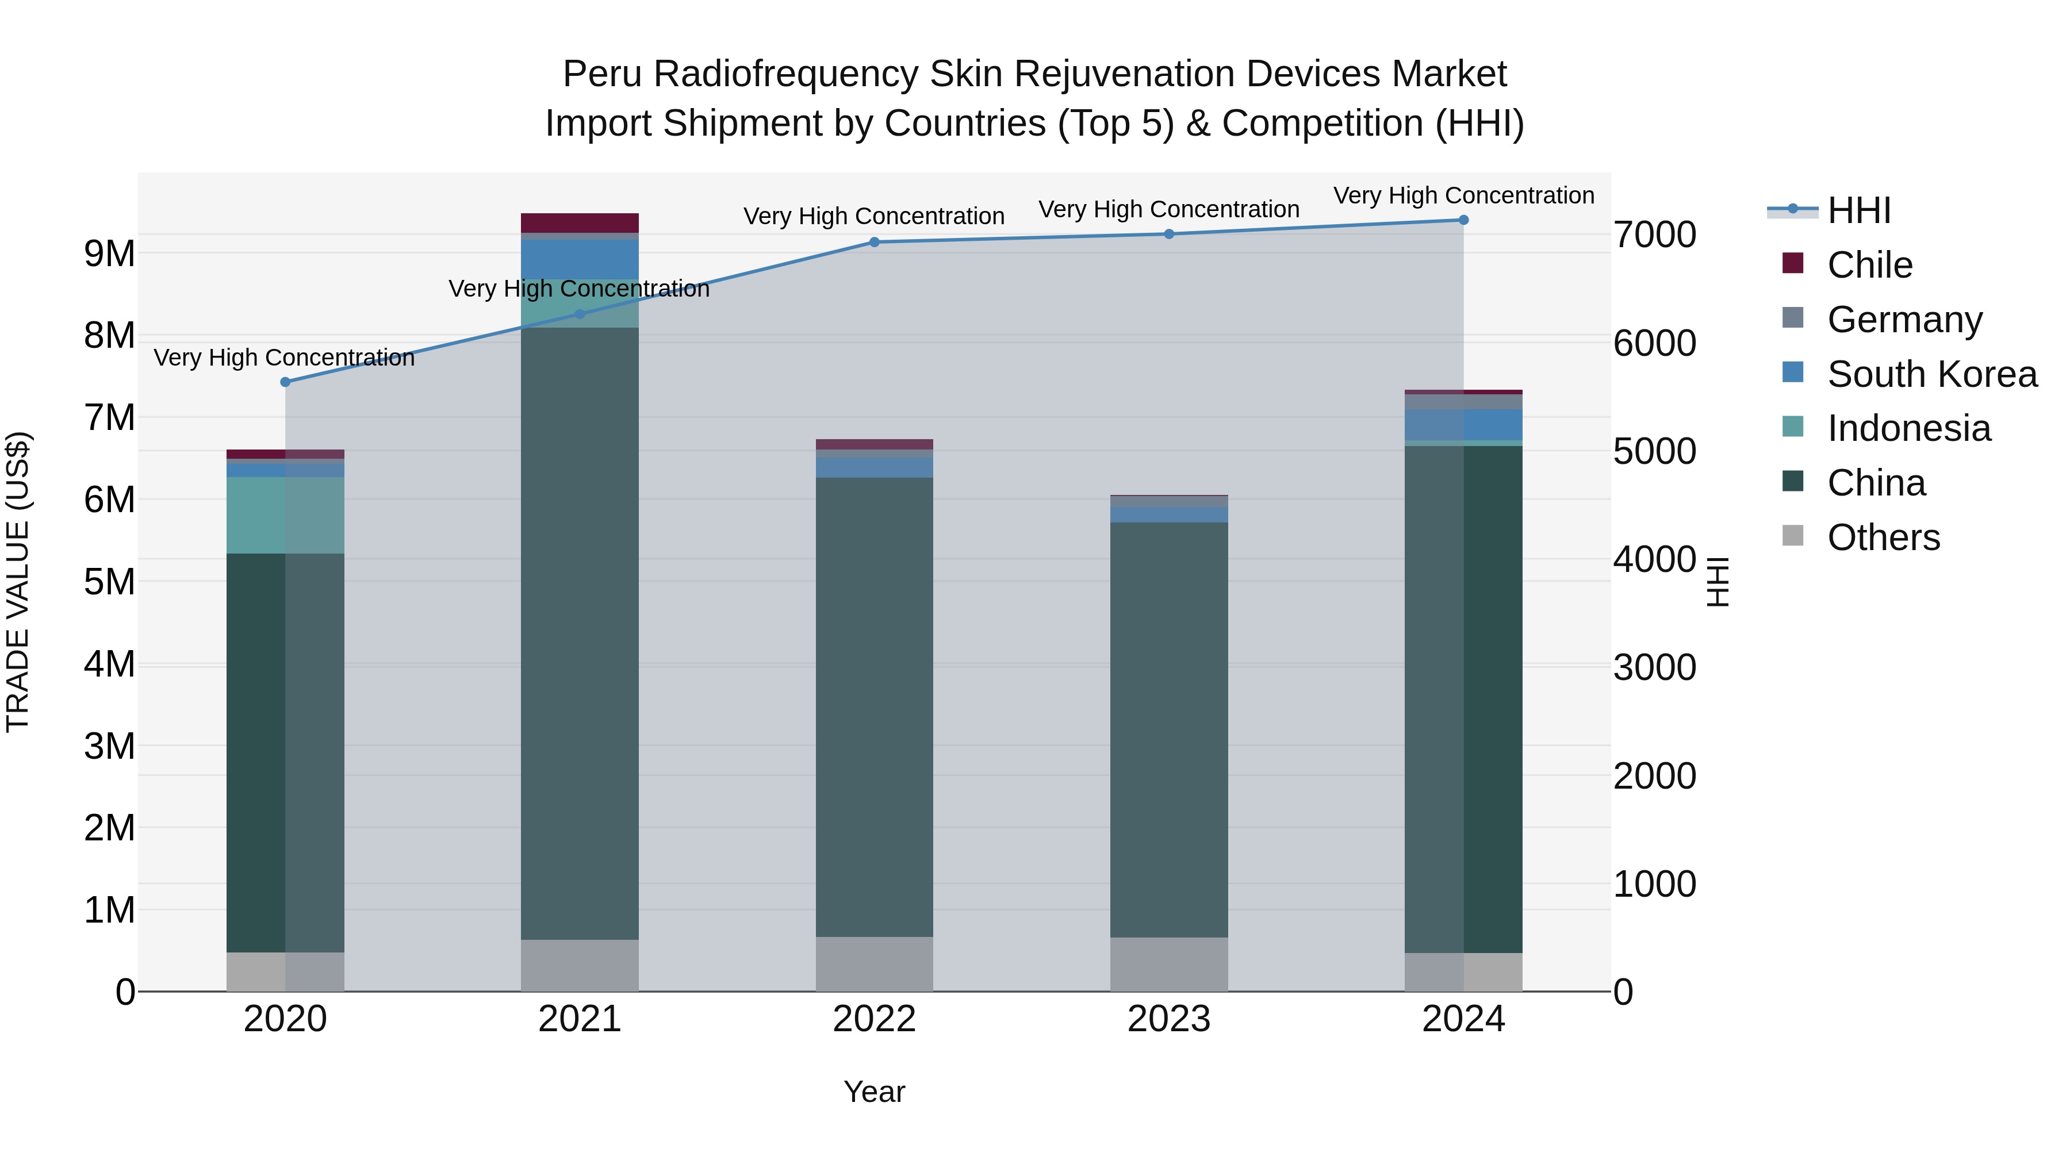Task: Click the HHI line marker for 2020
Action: [285, 382]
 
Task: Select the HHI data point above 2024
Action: [1463, 220]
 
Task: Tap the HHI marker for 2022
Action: [874, 242]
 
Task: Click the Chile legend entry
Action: [1869, 265]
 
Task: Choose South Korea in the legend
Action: [1932, 374]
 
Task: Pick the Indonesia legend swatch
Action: [1793, 427]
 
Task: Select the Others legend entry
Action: [1883, 537]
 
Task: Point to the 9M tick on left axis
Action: [109, 254]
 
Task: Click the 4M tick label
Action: [109, 664]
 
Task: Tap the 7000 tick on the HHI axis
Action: [1654, 235]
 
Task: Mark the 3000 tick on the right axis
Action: [1654, 667]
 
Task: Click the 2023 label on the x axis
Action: [1168, 1019]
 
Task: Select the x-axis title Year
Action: [874, 1092]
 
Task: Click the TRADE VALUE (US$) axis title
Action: [18, 582]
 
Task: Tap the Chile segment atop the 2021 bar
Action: [580, 222]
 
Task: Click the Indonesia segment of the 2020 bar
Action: [285, 515]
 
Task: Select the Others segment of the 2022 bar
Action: [874, 963]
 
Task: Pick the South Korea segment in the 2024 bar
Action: [1463, 424]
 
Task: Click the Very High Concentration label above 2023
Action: [1168, 210]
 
